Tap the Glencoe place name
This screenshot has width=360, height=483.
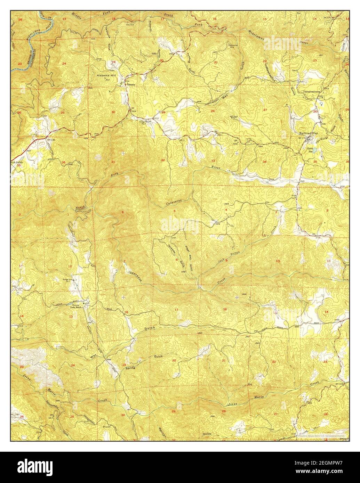coord(130,84)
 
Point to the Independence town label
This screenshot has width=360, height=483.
coord(312,91)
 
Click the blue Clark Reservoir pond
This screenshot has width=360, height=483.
coord(314,150)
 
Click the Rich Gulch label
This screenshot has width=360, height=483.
coord(16,162)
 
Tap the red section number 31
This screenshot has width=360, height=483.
coord(113,162)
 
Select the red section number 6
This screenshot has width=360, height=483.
coord(122,212)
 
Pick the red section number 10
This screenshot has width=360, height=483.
coord(278,261)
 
